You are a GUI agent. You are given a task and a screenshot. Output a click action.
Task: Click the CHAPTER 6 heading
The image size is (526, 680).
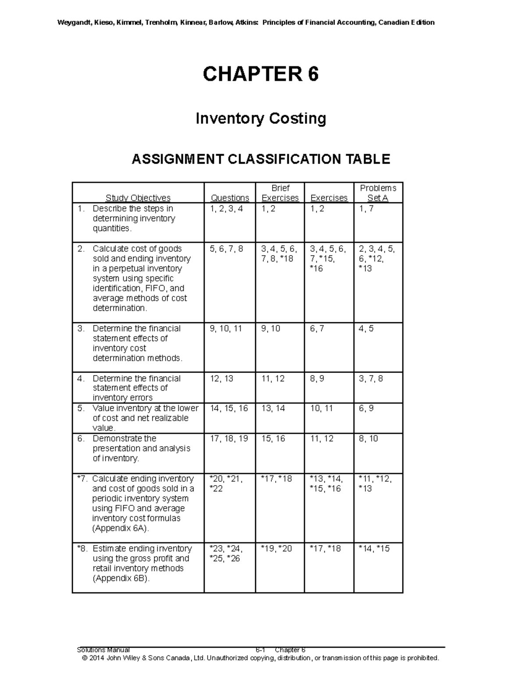pyautogui.click(x=260, y=74)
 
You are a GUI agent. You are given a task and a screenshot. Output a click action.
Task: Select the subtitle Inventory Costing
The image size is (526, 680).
pyautogui.click(x=260, y=118)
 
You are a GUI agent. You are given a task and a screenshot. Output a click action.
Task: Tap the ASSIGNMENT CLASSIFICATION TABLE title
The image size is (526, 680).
pyautogui.click(x=261, y=159)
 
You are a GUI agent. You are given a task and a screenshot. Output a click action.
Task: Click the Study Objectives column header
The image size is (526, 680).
pyautogui.click(x=138, y=198)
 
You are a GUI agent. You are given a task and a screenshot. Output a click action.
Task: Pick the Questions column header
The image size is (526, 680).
pyautogui.click(x=230, y=198)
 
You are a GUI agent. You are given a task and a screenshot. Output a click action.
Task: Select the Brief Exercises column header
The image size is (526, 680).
pyautogui.click(x=280, y=193)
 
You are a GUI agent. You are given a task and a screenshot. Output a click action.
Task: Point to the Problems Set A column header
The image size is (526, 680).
pyautogui.click(x=378, y=193)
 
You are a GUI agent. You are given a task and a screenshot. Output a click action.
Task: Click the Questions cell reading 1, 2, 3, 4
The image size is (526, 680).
pyautogui.click(x=226, y=209)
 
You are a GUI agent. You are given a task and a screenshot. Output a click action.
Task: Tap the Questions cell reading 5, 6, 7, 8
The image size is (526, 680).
pyautogui.click(x=226, y=249)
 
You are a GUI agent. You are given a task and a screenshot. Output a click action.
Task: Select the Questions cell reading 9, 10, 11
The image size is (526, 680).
pyautogui.click(x=226, y=328)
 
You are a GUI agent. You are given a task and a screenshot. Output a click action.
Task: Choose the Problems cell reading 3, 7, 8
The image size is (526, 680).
pyautogui.click(x=371, y=378)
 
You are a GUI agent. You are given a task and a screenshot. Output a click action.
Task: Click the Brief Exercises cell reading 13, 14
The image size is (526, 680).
pyautogui.click(x=273, y=408)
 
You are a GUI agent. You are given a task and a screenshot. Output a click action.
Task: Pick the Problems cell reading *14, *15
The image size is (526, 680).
pyautogui.click(x=374, y=548)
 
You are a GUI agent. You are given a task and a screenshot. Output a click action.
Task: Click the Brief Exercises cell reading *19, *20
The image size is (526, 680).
pyautogui.click(x=276, y=548)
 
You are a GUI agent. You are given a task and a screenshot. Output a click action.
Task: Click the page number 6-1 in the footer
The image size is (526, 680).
pyautogui.click(x=260, y=650)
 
